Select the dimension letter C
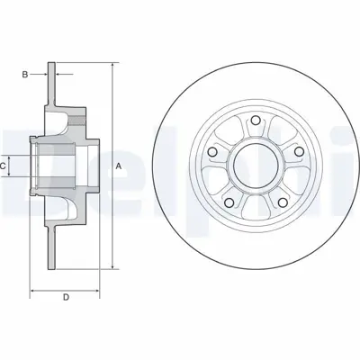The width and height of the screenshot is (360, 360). tap(4, 166)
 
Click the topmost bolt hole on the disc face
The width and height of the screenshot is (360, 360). tap(256, 119)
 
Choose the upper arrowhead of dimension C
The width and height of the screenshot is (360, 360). tap(14, 154)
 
